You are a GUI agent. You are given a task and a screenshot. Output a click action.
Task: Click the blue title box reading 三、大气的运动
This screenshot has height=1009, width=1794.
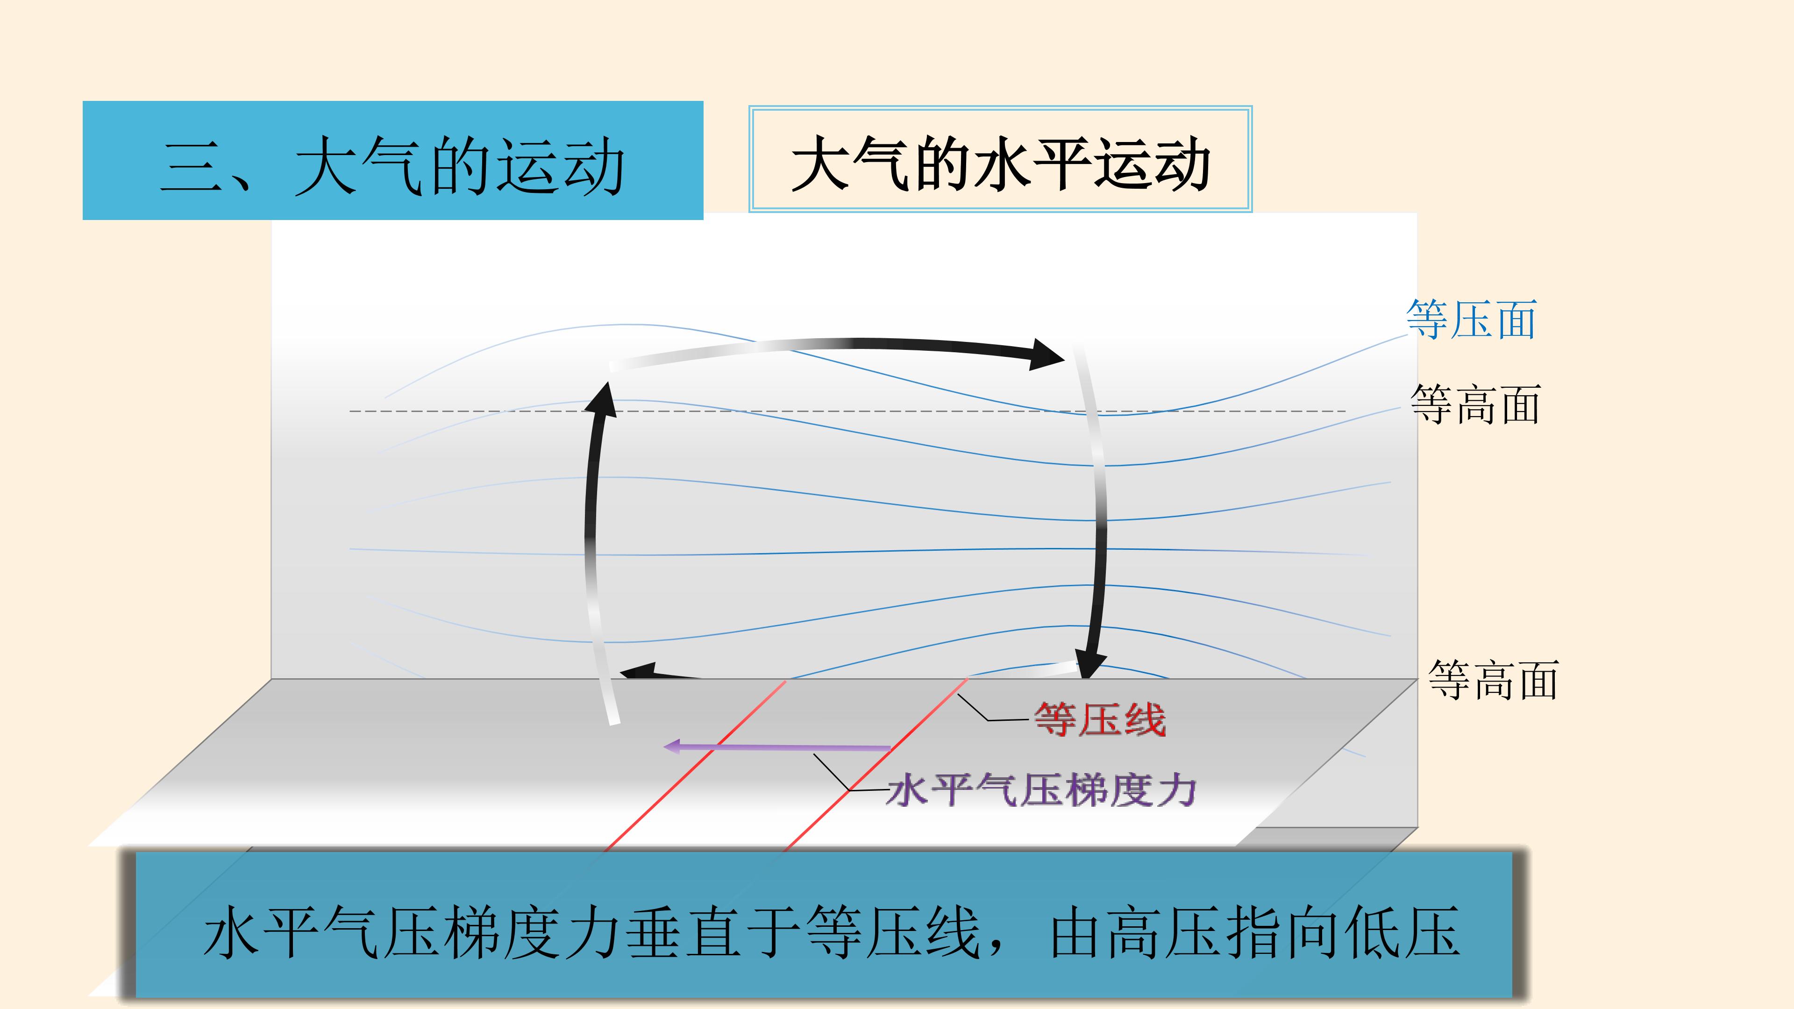click(393, 160)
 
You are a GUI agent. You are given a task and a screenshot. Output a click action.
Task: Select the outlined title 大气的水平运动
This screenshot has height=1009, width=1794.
click(1000, 159)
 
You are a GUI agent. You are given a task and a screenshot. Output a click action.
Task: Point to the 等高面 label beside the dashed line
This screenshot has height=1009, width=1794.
click(1475, 404)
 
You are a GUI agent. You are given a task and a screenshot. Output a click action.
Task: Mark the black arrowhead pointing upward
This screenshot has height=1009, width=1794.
click(602, 398)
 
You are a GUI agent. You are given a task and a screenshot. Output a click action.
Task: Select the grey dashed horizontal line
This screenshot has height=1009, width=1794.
click(847, 412)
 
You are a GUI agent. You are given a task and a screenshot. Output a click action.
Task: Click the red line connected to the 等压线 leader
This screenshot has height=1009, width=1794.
click(876, 765)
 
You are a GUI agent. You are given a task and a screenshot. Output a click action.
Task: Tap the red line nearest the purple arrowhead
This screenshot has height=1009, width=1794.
click(695, 765)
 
